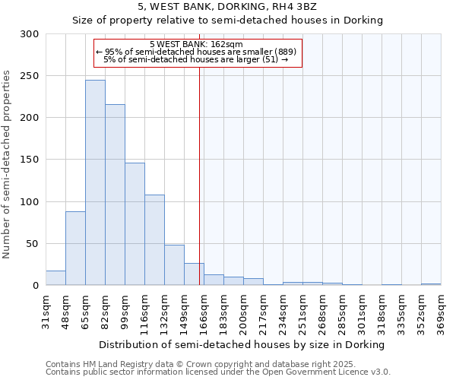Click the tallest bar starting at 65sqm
point(95,182)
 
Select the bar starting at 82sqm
point(115,195)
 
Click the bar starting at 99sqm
point(135,224)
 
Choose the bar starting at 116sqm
point(154,240)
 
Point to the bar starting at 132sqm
point(174,265)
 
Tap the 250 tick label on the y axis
point(29,76)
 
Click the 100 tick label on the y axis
point(29,202)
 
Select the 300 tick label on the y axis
point(29,34)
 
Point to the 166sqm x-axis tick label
point(204,312)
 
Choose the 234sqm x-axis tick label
point(283,312)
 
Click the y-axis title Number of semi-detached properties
point(8,164)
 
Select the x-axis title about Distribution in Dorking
point(242,344)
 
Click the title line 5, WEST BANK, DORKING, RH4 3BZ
point(227,7)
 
